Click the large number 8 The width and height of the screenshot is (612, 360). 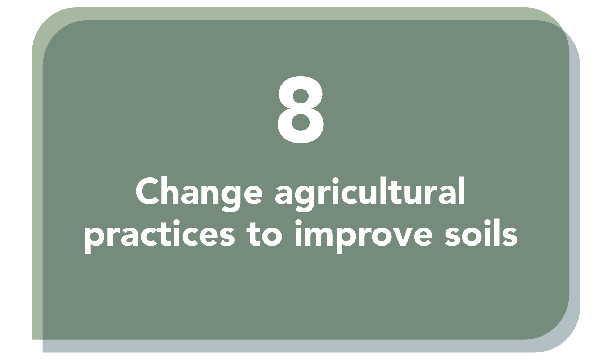click(301, 110)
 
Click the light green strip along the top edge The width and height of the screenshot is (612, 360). click(301, 13)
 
